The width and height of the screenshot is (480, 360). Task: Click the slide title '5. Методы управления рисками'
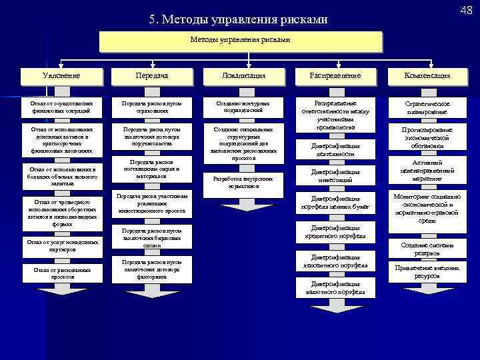coord(239,20)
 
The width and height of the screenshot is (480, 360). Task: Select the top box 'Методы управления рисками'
coord(240,41)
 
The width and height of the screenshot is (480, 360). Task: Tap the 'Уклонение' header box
coord(61,75)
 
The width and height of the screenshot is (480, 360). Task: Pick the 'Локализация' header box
coord(243,75)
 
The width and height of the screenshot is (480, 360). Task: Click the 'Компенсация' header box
coord(427,75)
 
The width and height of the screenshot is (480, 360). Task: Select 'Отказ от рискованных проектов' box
coord(61,272)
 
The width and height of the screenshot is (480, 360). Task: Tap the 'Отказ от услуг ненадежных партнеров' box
coord(61,245)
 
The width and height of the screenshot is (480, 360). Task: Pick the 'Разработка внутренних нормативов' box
coord(243,182)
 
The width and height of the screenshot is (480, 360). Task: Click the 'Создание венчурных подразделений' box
coord(243,107)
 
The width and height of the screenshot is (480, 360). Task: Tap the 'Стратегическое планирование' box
coord(427,108)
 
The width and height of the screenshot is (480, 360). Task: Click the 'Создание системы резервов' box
coord(427,247)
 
